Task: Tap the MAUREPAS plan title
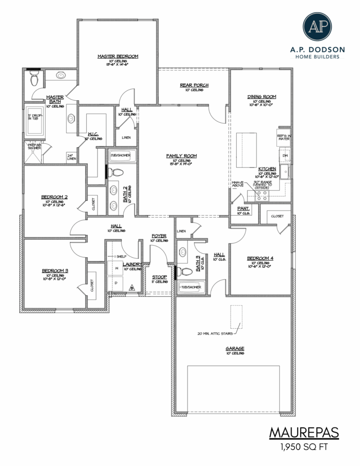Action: click(303, 432)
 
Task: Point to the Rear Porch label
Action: click(194, 85)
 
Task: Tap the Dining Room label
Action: click(262, 97)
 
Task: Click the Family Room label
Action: click(181, 156)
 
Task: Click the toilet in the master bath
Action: click(34, 80)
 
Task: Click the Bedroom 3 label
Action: click(55, 271)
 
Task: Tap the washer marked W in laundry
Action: click(116, 269)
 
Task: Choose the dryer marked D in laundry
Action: click(116, 283)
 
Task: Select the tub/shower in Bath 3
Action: click(192, 286)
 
